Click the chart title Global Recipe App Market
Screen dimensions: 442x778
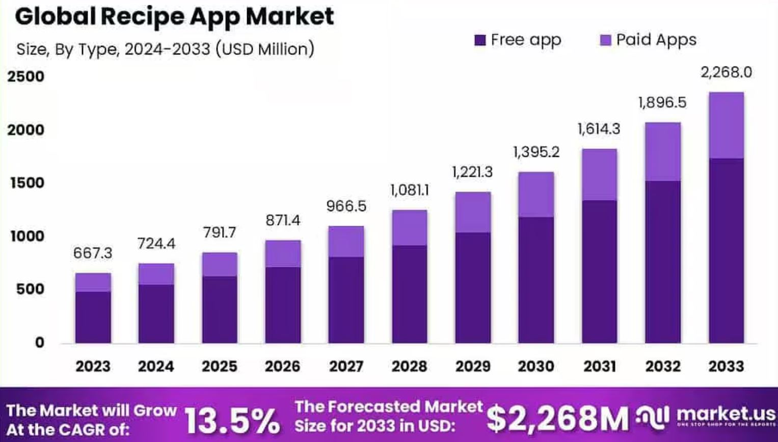[174, 16]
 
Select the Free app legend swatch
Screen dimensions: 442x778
[479, 40]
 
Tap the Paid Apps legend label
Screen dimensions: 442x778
[656, 40]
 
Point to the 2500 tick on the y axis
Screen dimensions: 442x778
[25, 77]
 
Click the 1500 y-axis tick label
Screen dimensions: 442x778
[25, 183]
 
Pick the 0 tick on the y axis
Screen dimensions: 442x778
[39, 343]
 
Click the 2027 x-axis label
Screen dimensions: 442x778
[346, 366]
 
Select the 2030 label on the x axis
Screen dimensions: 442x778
[536, 366]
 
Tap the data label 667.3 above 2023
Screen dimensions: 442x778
[93, 253]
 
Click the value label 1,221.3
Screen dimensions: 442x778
[472, 172]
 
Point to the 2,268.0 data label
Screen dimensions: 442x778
[726, 72]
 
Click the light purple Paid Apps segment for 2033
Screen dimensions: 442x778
[726, 125]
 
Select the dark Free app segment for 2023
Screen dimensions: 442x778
[93, 317]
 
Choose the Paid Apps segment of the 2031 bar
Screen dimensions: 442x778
[599, 175]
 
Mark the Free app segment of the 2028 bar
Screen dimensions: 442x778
[409, 294]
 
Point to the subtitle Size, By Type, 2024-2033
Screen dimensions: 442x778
[165, 49]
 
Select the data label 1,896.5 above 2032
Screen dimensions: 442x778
[662, 103]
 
